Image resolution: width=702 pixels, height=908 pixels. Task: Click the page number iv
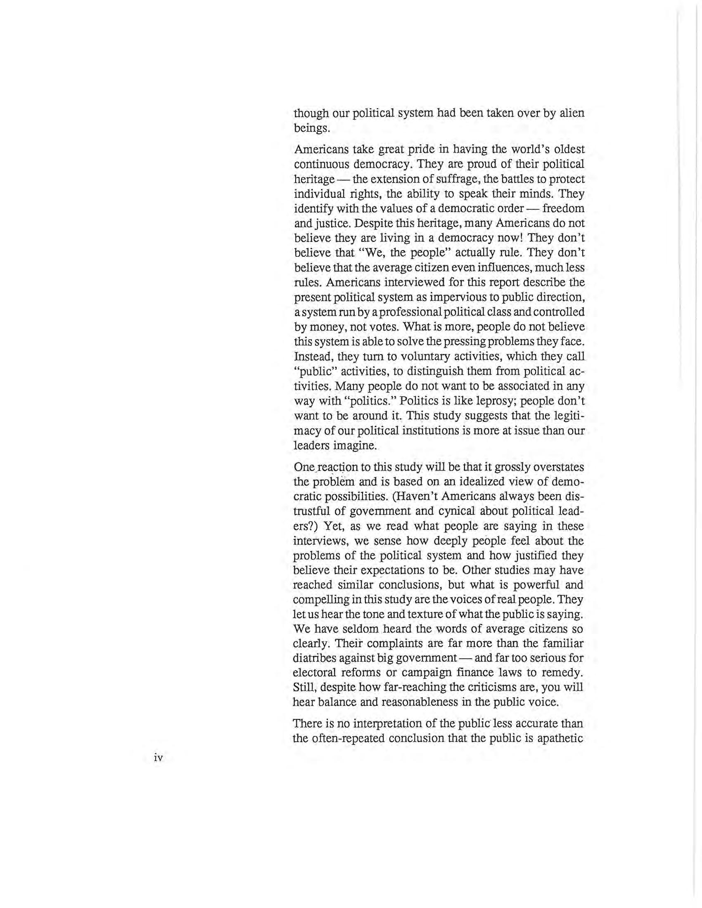(158, 757)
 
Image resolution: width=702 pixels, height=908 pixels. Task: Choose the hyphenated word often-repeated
(345, 739)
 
